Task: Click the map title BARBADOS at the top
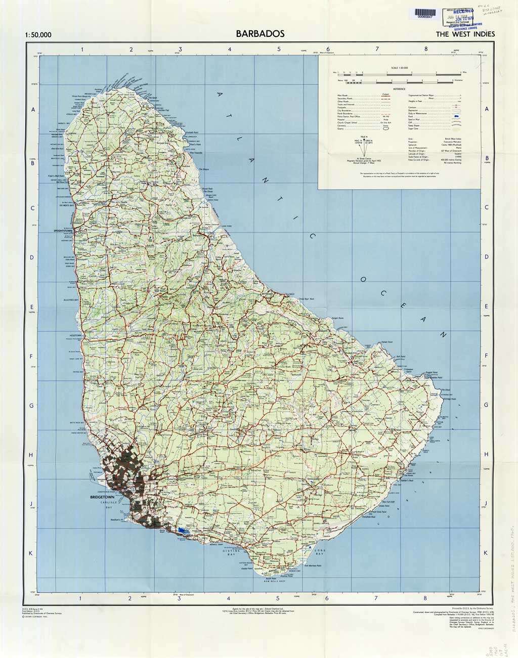click(x=260, y=34)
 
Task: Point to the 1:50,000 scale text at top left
click(x=37, y=35)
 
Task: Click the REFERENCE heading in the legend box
click(x=400, y=89)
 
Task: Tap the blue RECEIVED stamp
click(x=464, y=11)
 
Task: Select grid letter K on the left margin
click(x=31, y=553)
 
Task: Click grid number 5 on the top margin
click(x=279, y=49)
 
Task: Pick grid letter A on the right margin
click(x=487, y=109)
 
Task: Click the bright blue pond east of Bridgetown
click(x=183, y=531)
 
